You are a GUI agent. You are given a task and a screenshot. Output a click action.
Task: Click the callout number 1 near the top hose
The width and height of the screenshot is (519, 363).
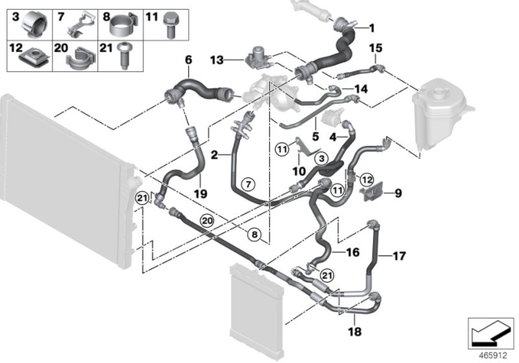click(x=372, y=27)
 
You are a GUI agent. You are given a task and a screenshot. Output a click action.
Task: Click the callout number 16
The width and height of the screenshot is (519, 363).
click(x=353, y=253)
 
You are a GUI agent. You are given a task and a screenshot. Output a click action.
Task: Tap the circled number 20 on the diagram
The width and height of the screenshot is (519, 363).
click(x=206, y=220)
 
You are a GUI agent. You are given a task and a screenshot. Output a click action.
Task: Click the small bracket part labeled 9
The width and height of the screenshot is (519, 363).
click(x=372, y=193)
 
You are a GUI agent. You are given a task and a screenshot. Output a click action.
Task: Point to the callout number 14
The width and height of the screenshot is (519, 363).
click(x=361, y=89)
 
